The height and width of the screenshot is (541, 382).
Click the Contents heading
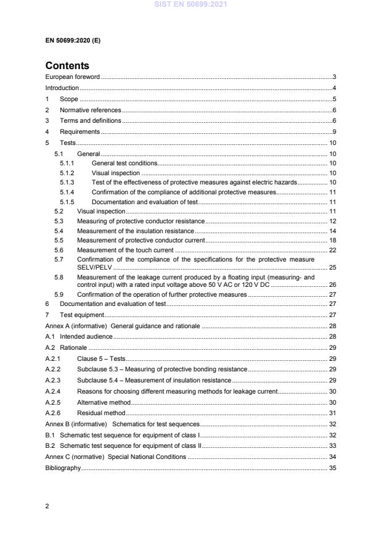(x=67, y=65)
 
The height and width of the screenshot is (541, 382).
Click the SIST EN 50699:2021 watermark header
(x=190, y=5)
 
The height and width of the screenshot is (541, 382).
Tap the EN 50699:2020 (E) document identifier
(x=73, y=40)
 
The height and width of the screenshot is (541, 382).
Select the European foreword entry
(x=73, y=77)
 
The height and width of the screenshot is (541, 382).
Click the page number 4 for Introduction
(x=333, y=88)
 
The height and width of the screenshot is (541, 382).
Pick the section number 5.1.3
(x=67, y=183)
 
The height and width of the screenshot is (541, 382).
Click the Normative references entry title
(x=90, y=109)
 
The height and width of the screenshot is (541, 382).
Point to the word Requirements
(x=79, y=131)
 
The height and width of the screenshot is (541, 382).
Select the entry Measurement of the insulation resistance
(x=135, y=230)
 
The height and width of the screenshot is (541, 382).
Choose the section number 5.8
(x=59, y=277)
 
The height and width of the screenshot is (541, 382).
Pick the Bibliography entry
(x=63, y=468)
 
